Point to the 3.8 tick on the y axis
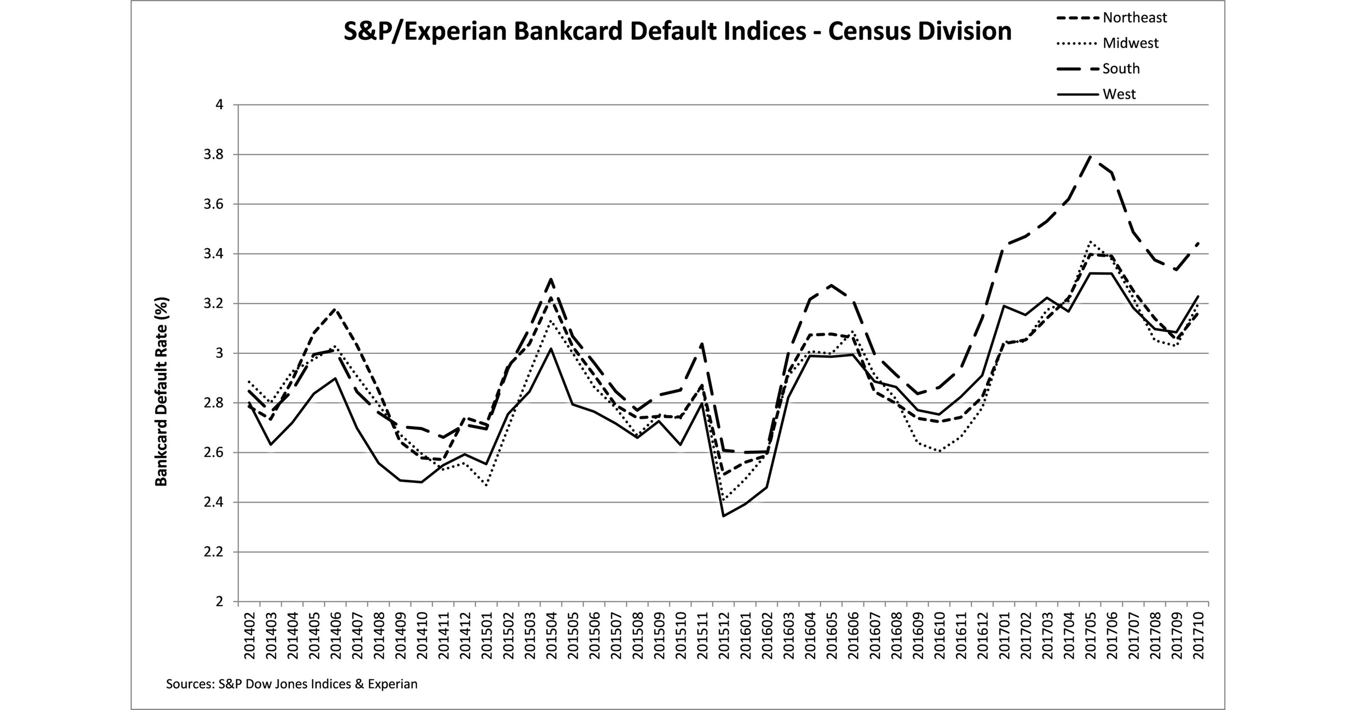[x=213, y=155]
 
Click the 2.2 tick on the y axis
[x=213, y=552]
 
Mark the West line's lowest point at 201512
[x=724, y=516]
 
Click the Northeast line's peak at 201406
[x=335, y=309]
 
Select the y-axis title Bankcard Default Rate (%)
[x=161, y=392]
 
